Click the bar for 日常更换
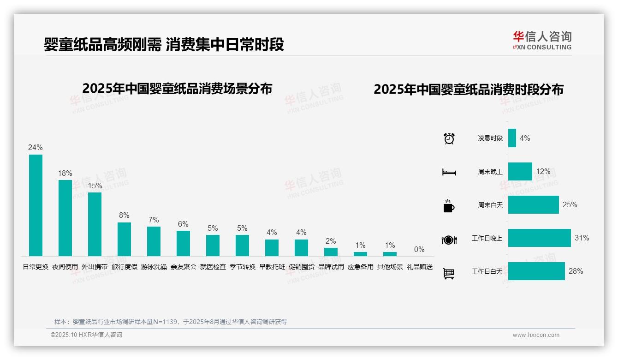(36, 205)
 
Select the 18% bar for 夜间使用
(65, 218)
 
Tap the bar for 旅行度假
(124, 239)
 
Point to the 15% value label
(95, 186)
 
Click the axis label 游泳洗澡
(154, 267)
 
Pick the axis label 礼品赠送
(419, 267)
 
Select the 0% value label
(419, 250)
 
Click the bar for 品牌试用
(331, 252)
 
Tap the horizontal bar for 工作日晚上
(539, 238)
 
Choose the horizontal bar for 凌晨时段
(512, 138)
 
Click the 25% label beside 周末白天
(570, 204)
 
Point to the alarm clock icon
(449, 138)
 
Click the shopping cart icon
(449, 274)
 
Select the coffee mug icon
(449, 206)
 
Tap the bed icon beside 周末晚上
(449, 172)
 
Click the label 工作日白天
(487, 271)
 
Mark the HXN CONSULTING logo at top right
(542, 40)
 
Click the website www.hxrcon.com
(536, 335)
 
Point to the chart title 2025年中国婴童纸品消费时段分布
(469, 90)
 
